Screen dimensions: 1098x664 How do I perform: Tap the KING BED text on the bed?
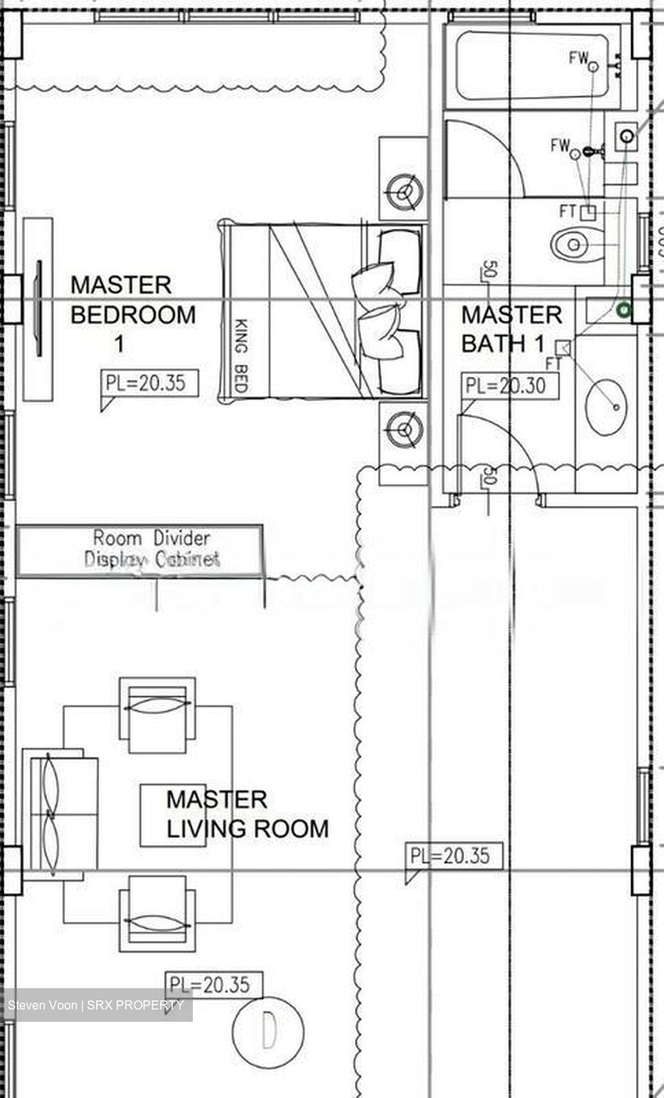tap(241, 355)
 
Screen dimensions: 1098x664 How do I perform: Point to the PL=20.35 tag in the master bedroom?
tap(149, 383)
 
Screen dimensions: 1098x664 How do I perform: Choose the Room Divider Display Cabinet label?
tap(151, 549)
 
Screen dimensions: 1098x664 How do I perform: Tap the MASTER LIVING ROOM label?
tap(246, 814)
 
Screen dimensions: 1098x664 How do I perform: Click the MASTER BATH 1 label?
tap(511, 329)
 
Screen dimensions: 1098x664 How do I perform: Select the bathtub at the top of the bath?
tap(532, 65)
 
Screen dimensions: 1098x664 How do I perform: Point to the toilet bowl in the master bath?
tap(576, 244)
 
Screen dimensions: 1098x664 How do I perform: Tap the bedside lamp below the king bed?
tap(403, 431)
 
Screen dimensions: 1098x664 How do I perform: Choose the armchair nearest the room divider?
tap(157, 709)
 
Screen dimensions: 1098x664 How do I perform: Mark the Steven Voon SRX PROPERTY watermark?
tap(97, 1005)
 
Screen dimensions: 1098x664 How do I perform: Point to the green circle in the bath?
tap(624, 310)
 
